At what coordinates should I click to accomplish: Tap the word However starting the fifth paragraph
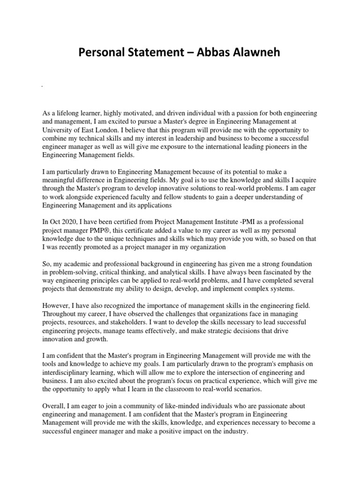[x=57, y=306]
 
